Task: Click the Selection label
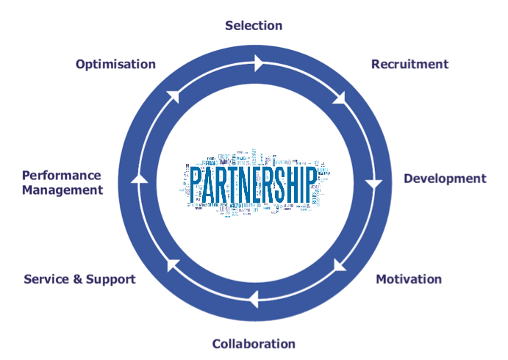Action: (x=254, y=26)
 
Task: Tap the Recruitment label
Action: (x=409, y=64)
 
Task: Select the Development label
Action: (x=445, y=179)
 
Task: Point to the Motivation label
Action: (x=409, y=279)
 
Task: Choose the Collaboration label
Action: (x=254, y=344)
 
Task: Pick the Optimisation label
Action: (x=115, y=64)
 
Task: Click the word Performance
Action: (x=61, y=176)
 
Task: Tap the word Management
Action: (x=62, y=190)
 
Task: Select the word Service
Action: (x=48, y=279)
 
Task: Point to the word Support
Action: (x=111, y=279)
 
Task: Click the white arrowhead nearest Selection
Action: (x=258, y=64)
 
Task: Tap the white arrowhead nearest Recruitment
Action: (x=340, y=98)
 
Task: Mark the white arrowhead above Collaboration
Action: (x=252, y=299)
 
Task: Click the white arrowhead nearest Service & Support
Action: (x=171, y=264)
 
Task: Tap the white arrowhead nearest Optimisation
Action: (x=173, y=96)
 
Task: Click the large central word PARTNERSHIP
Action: (x=254, y=183)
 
